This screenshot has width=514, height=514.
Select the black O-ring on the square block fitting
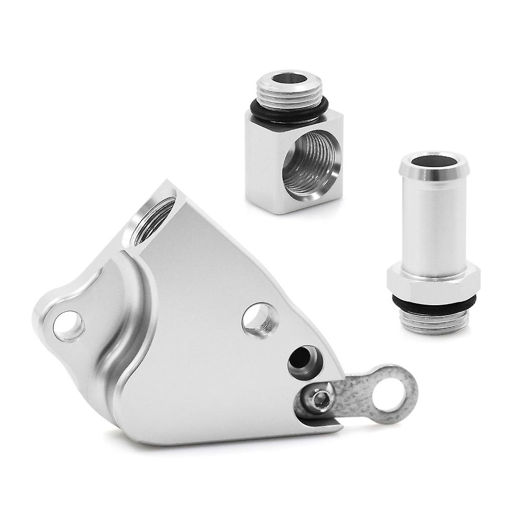click(289, 114)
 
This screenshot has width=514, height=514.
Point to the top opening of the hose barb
click(435, 163)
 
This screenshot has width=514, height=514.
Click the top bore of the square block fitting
click(289, 79)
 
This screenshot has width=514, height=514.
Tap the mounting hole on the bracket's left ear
click(68, 326)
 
